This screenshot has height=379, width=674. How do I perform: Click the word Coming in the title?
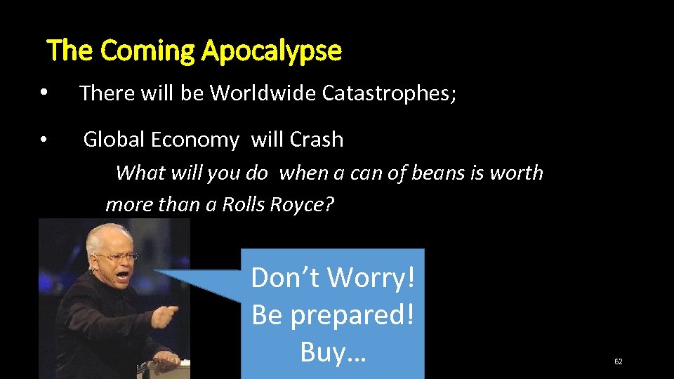coord(148,51)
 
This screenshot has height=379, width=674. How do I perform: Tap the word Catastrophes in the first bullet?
coord(387,93)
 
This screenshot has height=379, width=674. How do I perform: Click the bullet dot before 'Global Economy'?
coord(44,140)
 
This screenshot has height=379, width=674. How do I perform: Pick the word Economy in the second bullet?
coord(190,140)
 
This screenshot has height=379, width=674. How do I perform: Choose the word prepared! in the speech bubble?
coord(352,314)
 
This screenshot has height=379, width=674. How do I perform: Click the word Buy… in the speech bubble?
coord(333,351)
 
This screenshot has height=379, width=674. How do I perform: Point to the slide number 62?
coord(618,361)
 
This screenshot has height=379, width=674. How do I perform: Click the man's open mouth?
coord(122,276)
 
